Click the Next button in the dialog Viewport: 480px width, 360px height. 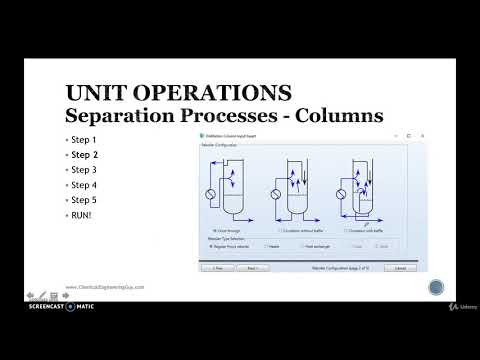(253, 268)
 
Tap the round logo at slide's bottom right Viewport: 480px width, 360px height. (436, 288)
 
